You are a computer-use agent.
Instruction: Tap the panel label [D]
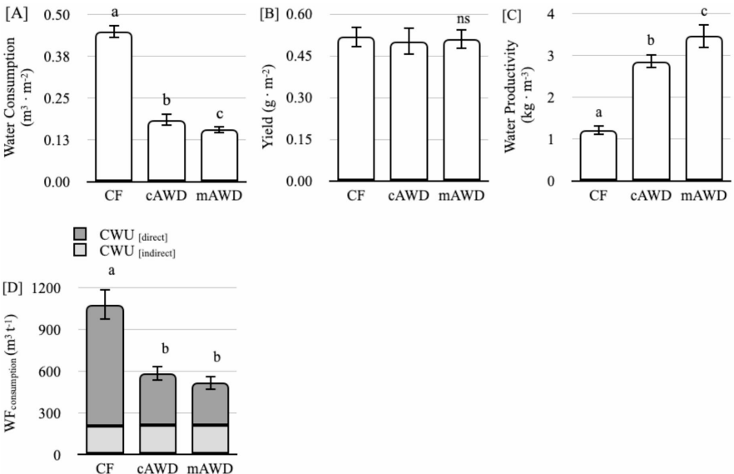[x=13, y=289]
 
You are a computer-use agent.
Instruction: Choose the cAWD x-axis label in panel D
[x=156, y=467]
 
